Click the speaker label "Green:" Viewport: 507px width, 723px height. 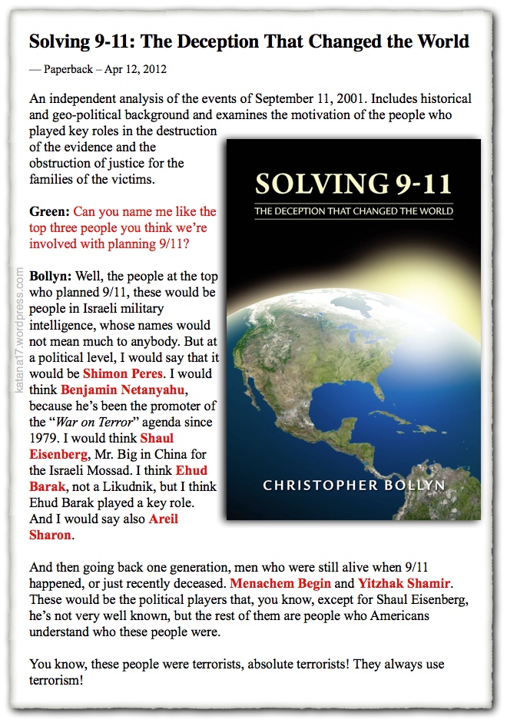click(x=49, y=211)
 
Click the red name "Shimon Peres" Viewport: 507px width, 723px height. click(x=123, y=373)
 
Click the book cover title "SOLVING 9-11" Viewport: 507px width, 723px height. click(x=353, y=185)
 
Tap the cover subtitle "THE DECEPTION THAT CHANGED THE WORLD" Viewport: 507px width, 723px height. click(x=353, y=211)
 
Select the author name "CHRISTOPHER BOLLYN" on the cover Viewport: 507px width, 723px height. click(x=354, y=486)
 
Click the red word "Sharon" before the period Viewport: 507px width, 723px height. click(x=49, y=535)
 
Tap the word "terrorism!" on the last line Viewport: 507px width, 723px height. click(x=56, y=680)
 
